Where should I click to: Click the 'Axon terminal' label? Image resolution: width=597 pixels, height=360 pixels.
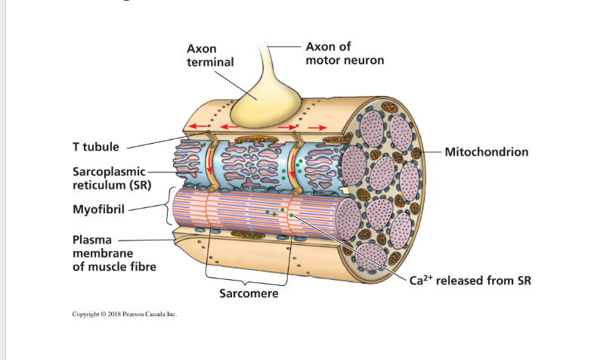point(209,55)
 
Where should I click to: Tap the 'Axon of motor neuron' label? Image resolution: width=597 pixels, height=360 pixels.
point(344,53)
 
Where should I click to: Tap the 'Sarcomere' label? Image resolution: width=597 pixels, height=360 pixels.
point(249,293)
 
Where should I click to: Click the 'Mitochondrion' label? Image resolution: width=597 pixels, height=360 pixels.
point(487,152)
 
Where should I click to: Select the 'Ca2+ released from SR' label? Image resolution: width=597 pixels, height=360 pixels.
point(470,281)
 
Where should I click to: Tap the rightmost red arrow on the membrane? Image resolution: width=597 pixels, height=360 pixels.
point(317,126)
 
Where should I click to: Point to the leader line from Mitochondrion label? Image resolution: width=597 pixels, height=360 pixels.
point(422,152)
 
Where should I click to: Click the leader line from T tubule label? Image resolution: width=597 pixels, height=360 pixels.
point(155,141)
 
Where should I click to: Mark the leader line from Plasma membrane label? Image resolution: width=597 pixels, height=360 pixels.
point(151,241)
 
